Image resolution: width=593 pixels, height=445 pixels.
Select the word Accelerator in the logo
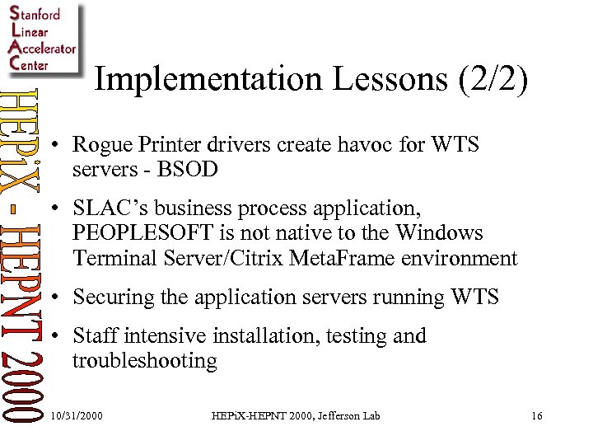tap(41, 48)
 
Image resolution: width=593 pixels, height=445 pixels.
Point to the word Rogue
tap(100, 145)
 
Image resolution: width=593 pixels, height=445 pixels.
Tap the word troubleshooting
tap(145, 360)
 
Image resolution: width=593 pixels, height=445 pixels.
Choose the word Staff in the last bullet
tap(92, 336)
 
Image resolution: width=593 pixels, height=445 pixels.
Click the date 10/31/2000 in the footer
tap(77, 416)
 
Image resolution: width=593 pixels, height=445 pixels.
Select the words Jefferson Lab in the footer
tap(347, 416)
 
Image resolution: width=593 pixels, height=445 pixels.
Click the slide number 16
tap(536, 416)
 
